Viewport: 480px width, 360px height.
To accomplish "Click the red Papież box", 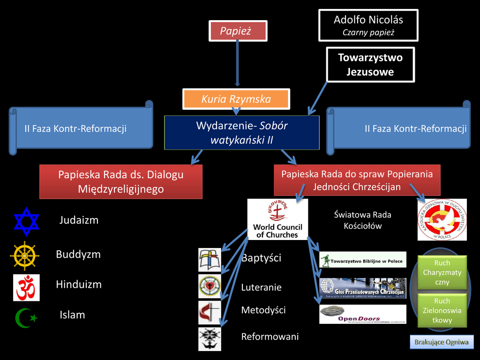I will tap(237, 31).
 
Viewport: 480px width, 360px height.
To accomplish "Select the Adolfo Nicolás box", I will tap(368, 25).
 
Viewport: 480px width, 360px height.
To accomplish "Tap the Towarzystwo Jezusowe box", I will tap(370, 65).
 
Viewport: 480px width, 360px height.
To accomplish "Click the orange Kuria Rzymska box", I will tap(236, 99).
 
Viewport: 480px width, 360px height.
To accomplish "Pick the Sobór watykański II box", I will tap(241, 133).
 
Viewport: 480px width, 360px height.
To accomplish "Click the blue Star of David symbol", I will tap(27, 221).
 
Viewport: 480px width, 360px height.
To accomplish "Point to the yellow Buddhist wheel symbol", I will tap(24, 255).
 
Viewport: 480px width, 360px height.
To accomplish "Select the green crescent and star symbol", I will tap(26, 317).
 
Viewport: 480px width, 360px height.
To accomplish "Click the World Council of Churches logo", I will tap(277, 219).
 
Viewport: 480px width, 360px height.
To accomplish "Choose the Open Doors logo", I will tap(362, 314).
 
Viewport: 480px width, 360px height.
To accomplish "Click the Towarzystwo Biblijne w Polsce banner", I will tap(362, 260).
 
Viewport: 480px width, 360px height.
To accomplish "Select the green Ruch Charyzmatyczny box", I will tap(442, 272).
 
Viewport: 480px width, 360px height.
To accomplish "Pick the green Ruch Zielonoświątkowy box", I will tap(442, 310).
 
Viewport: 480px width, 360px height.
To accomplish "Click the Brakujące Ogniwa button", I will tap(441, 342).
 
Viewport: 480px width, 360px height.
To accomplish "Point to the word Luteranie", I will tap(261, 287).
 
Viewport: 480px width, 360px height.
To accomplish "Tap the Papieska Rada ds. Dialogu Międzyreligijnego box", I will tap(121, 181).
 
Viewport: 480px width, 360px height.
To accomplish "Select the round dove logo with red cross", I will tap(442, 220).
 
